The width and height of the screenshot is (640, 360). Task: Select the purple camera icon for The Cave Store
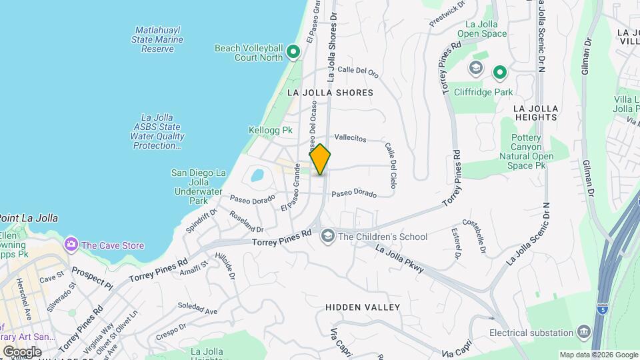(x=71, y=245)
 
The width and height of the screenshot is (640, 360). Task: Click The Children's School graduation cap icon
(x=327, y=236)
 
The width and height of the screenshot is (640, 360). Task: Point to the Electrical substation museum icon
(x=584, y=332)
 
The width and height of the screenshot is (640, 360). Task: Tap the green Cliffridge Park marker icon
(x=499, y=71)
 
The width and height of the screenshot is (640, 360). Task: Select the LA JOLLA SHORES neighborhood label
(x=330, y=93)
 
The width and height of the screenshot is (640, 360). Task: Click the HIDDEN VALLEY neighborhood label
(x=363, y=307)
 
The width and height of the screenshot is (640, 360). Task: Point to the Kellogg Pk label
(x=270, y=130)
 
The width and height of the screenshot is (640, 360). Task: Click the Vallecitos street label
(x=350, y=138)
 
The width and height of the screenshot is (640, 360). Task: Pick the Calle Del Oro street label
(x=357, y=70)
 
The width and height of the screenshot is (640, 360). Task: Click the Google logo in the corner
(x=22, y=351)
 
